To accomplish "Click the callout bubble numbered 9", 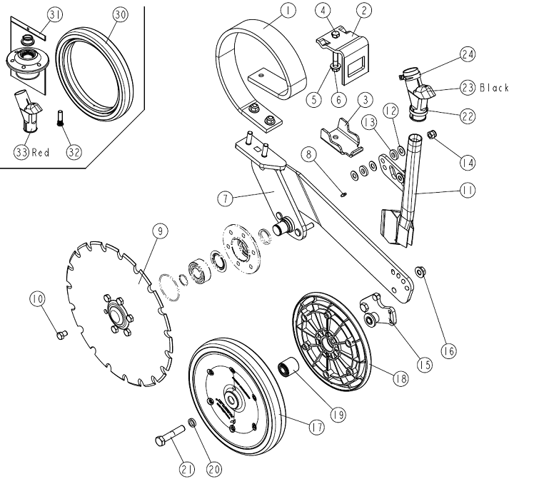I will click(x=158, y=230).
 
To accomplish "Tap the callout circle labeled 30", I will click(x=120, y=14).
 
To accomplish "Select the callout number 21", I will click(x=187, y=468).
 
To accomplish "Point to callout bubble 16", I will click(x=448, y=351).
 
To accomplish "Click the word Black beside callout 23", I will click(x=494, y=88).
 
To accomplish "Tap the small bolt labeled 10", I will click(x=59, y=331).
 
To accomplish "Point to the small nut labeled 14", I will click(x=433, y=134).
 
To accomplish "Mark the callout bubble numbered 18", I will click(x=400, y=378).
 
